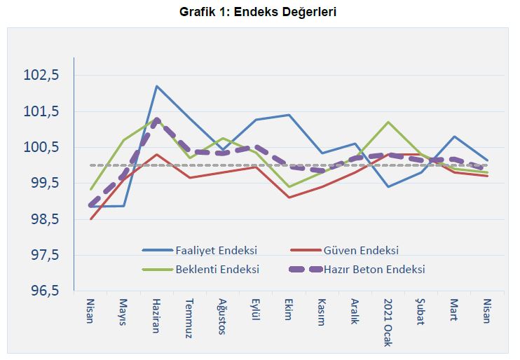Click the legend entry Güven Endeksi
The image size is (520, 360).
[x=361, y=250]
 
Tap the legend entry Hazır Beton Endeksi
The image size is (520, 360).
[x=374, y=269]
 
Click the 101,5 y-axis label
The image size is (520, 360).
[x=43, y=111]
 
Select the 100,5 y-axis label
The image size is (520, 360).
[x=43, y=147]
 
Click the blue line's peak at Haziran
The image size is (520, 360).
[x=157, y=86]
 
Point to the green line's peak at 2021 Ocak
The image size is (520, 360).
[x=388, y=122]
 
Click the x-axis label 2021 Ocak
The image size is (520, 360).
[x=388, y=319]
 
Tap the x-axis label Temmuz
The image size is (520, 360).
[x=189, y=318]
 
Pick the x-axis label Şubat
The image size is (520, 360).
[x=420, y=312]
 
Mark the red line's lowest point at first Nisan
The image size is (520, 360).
[x=91, y=219]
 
